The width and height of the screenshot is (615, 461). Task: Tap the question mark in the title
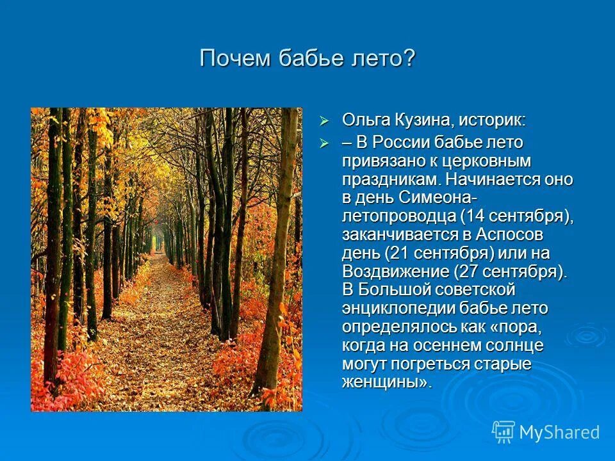[x=410, y=59]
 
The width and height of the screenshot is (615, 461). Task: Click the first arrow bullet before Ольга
[x=324, y=120]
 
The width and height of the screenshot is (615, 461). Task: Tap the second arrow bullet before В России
[x=324, y=143]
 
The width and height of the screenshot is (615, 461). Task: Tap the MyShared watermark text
[x=559, y=432]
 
